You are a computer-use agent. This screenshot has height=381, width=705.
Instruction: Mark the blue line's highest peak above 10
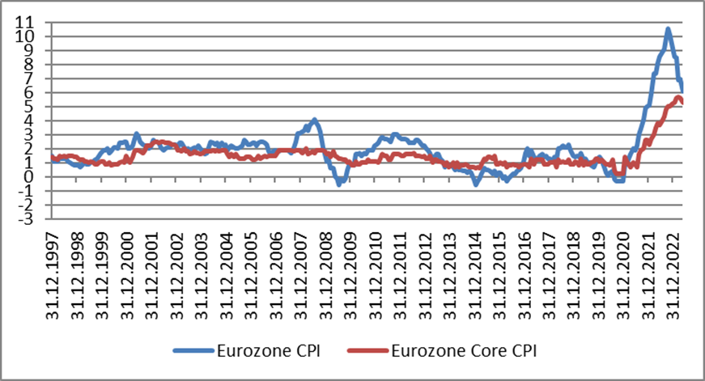[x=668, y=30]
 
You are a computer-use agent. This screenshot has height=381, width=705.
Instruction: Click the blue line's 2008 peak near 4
[x=315, y=121]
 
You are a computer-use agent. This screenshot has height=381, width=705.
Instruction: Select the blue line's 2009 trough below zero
[x=340, y=184]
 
